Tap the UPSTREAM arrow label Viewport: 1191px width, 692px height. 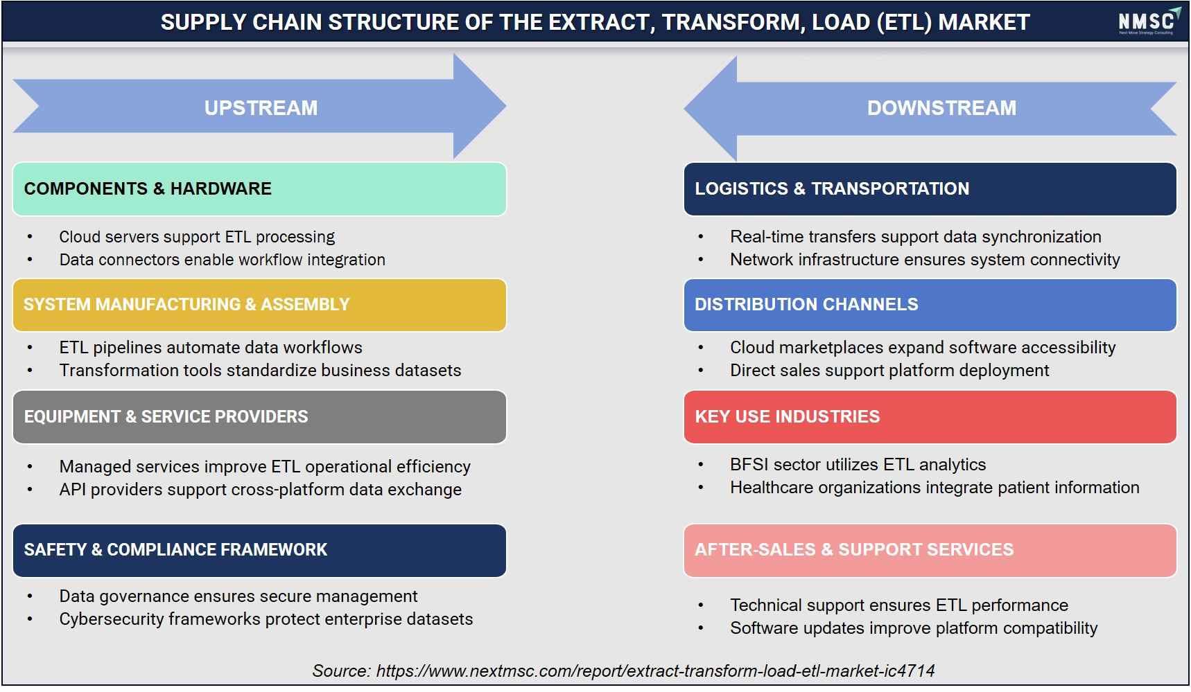(x=261, y=108)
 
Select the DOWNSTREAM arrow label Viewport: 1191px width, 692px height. (x=941, y=108)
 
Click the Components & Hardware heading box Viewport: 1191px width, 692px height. (x=259, y=189)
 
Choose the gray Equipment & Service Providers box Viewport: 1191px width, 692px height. (x=259, y=417)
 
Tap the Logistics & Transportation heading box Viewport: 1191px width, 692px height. (x=930, y=189)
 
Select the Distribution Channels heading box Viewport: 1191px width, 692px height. (x=930, y=305)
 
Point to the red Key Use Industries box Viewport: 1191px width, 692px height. (x=930, y=417)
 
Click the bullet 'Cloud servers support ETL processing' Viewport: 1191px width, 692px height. (x=197, y=237)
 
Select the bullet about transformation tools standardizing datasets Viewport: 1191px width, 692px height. (x=260, y=371)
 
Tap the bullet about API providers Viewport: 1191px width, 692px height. (x=260, y=490)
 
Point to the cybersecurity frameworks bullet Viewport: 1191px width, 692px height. (x=266, y=619)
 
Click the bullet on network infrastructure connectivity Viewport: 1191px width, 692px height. (x=925, y=260)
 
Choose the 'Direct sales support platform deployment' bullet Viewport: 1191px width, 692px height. (x=889, y=371)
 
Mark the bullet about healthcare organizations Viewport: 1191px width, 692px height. (x=934, y=488)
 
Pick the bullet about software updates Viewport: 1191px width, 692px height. (x=914, y=628)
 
